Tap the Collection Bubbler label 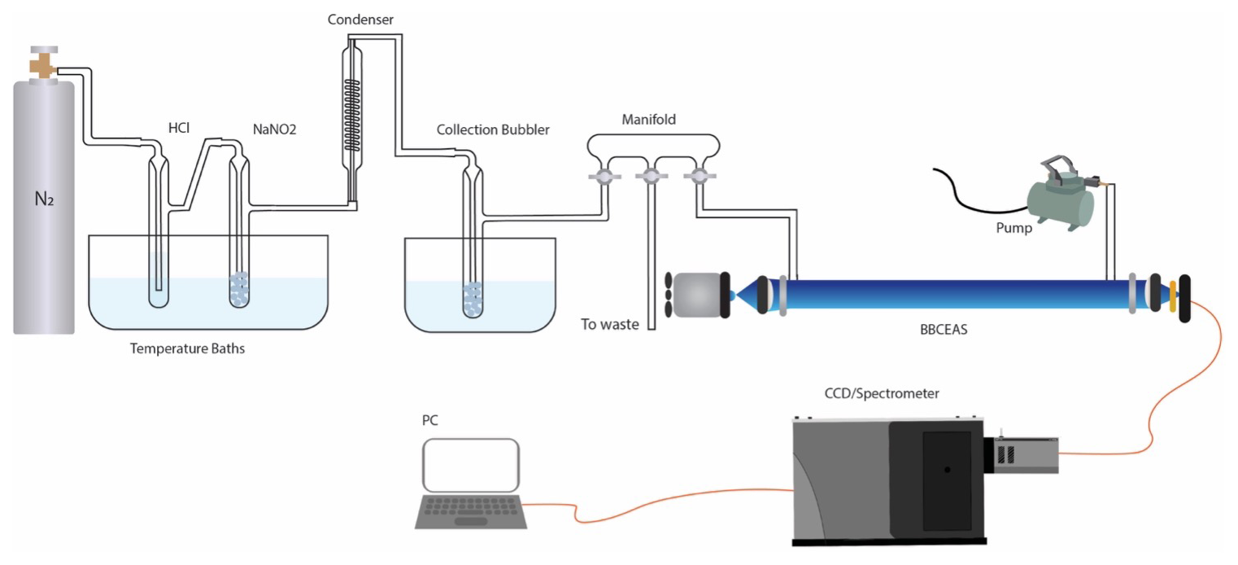pyautogui.click(x=493, y=129)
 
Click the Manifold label pyautogui.click(x=648, y=120)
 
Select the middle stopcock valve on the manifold pyautogui.click(x=649, y=175)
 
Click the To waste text pyautogui.click(x=609, y=324)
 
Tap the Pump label pyautogui.click(x=1014, y=228)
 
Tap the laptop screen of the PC pyautogui.click(x=471, y=465)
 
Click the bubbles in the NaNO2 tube pyautogui.click(x=240, y=289)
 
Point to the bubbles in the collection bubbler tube pyautogui.click(x=473, y=299)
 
